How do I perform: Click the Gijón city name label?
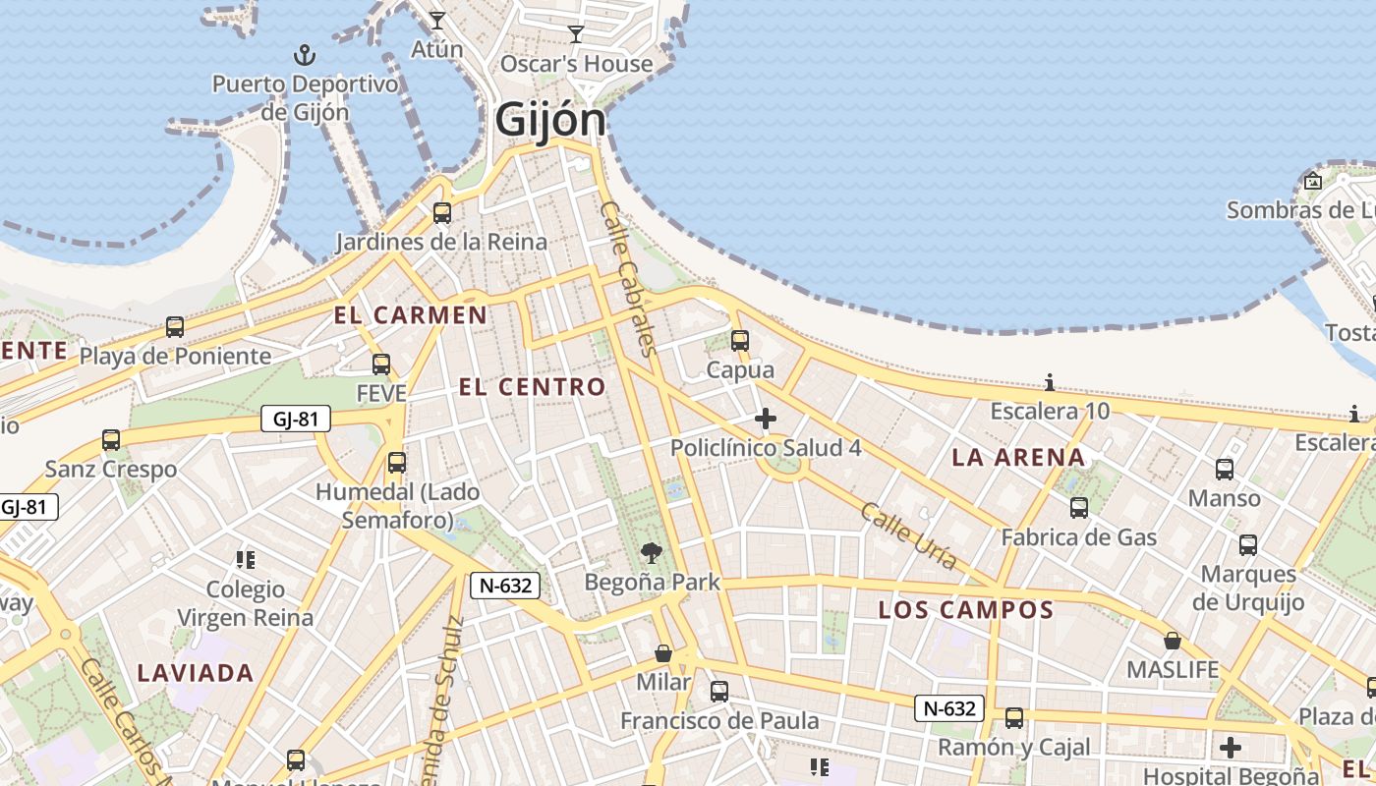pyautogui.click(x=550, y=121)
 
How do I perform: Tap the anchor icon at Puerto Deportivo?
pyautogui.click(x=305, y=54)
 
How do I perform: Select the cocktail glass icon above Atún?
pyautogui.click(x=437, y=20)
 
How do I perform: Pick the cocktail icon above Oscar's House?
pyautogui.click(x=576, y=34)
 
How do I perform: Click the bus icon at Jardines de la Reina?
pyautogui.click(x=442, y=212)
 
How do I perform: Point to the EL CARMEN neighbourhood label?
pyautogui.click(x=410, y=315)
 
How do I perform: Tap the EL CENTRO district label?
pyautogui.click(x=532, y=387)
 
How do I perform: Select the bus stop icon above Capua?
pyautogui.click(x=740, y=341)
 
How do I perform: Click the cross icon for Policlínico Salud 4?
pyautogui.click(x=765, y=420)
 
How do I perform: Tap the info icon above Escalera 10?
pyautogui.click(x=1050, y=382)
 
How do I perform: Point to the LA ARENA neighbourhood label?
pyautogui.click(x=1018, y=457)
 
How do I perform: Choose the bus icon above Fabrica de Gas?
pyautogui.click(x=1079, y=508)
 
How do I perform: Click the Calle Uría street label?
pyautogui.click(x=909, y=536)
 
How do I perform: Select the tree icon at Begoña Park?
pyautogui.click(x=651, y=553)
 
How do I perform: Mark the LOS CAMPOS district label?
pyautogui.click(x=965, y=610)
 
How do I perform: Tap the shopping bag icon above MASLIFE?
pyautogui.click(x=1172, y=641)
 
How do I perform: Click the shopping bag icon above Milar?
pyautogui.click(x=663, y=653)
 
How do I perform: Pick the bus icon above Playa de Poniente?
pyautogui.click(x=175, y=327)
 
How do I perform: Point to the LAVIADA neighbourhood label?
pyautogui.click(x=196, y=674)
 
